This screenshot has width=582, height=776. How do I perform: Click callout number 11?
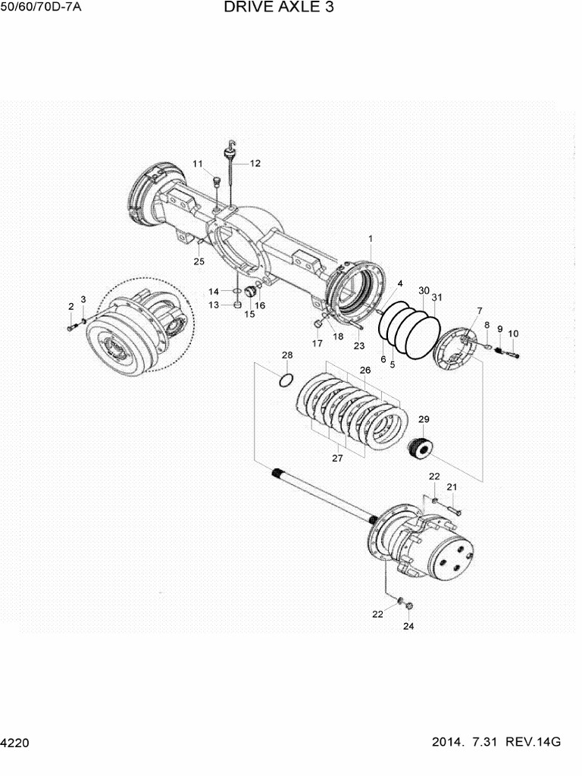pyautogui.click(x=197, y=164)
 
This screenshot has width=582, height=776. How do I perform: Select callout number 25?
pyautogui.click(x=199, y=261)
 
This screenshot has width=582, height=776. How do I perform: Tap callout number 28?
pyautogui.click(x=287, y=355)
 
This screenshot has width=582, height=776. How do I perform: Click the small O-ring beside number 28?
pyautogui.click(x=286, y=379)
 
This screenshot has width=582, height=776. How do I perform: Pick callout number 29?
pyautogui.click(x=424, y=419)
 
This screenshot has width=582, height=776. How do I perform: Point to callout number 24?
pyautogui.click(x=408, y=626)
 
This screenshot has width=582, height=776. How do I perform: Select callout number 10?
pyautogui.click(x=513, y=333)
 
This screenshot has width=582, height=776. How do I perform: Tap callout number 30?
pyautogui.click(x=424, y=291)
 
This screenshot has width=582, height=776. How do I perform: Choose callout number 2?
pyautogui.click(x=71, y=306)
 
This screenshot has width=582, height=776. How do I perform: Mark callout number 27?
pyautogui.click(x=337, y=458)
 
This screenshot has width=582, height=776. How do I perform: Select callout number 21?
pyautogui.click(x=451, y=487)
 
